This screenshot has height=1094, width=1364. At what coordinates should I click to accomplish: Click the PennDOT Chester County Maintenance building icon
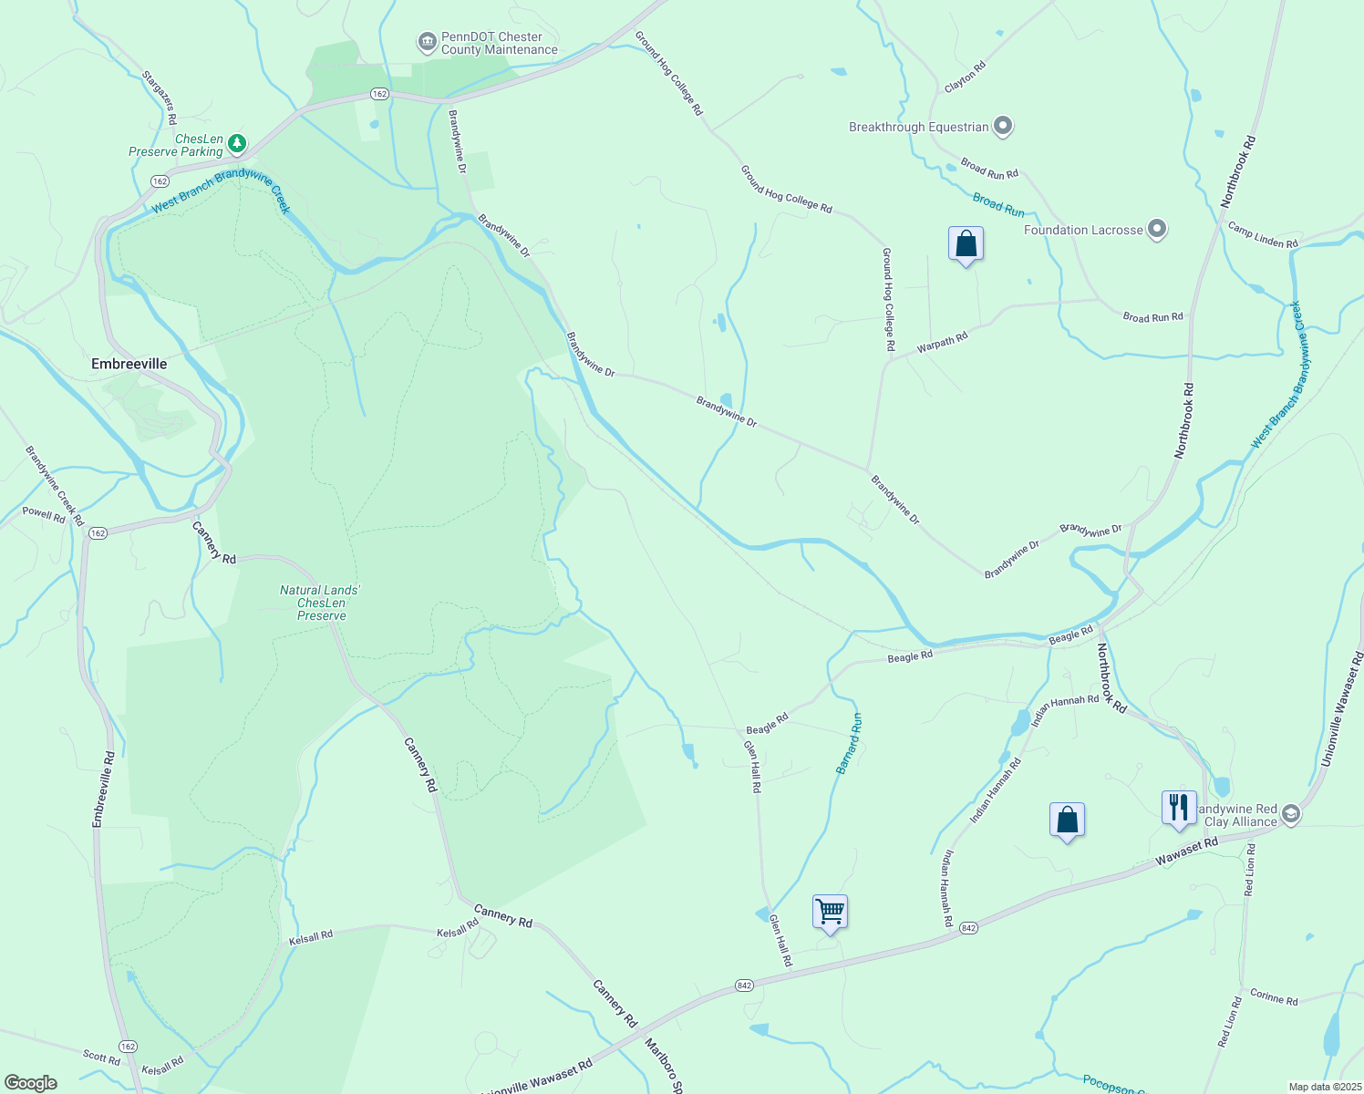(x=426, y=42)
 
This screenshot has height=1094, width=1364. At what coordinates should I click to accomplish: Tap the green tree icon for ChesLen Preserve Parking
(x=237, y=143)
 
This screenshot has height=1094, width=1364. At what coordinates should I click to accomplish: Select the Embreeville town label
(x=129, y=364)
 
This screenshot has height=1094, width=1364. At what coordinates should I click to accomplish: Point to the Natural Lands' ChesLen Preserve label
(x=321, y=603)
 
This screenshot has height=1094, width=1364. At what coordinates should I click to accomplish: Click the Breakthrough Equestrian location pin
(x=1003, y=126)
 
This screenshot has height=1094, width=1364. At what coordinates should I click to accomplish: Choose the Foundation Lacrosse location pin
(x=1157, y=229)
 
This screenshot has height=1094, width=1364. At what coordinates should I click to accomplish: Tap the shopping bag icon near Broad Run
(x=966, y=244)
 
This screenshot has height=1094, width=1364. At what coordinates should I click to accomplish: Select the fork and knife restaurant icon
(x=1178, y=807)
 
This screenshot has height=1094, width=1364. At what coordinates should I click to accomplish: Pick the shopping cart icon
(x=830, y=911)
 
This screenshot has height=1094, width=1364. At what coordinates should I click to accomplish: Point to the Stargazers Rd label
(x=159, y=97)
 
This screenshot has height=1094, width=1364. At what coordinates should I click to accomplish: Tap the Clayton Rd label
(x=965, y=77)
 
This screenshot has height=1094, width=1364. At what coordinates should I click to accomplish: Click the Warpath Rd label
(x=942, y=343)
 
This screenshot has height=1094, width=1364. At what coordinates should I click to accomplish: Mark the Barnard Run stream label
(x=849, y=744)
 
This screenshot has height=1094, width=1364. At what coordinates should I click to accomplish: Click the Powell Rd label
(x=44, y=514)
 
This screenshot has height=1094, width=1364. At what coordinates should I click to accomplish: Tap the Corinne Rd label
(x=1274, y=997)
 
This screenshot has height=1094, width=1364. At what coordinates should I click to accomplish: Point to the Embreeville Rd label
(x=103, y=790)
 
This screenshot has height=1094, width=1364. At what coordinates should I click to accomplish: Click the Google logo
(x=30, y=1083)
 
